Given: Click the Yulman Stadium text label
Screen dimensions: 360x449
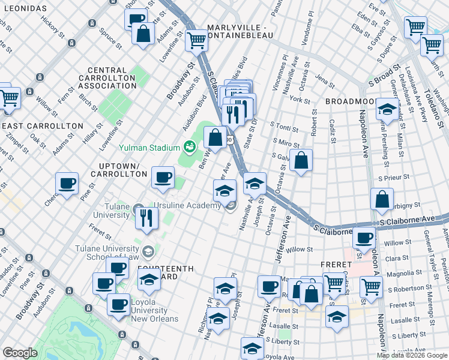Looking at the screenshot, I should [149, 148].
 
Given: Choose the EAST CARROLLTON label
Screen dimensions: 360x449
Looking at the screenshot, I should [42, 125].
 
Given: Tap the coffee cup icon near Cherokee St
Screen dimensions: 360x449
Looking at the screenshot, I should [67, 183].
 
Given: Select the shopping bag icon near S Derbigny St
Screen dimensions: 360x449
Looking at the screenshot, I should [382, 199].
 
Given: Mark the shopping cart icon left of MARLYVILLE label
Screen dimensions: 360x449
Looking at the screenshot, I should [195, 40].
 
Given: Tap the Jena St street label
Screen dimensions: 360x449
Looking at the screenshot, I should [324, 79].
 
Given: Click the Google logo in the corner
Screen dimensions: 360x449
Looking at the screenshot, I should [20, 353].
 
